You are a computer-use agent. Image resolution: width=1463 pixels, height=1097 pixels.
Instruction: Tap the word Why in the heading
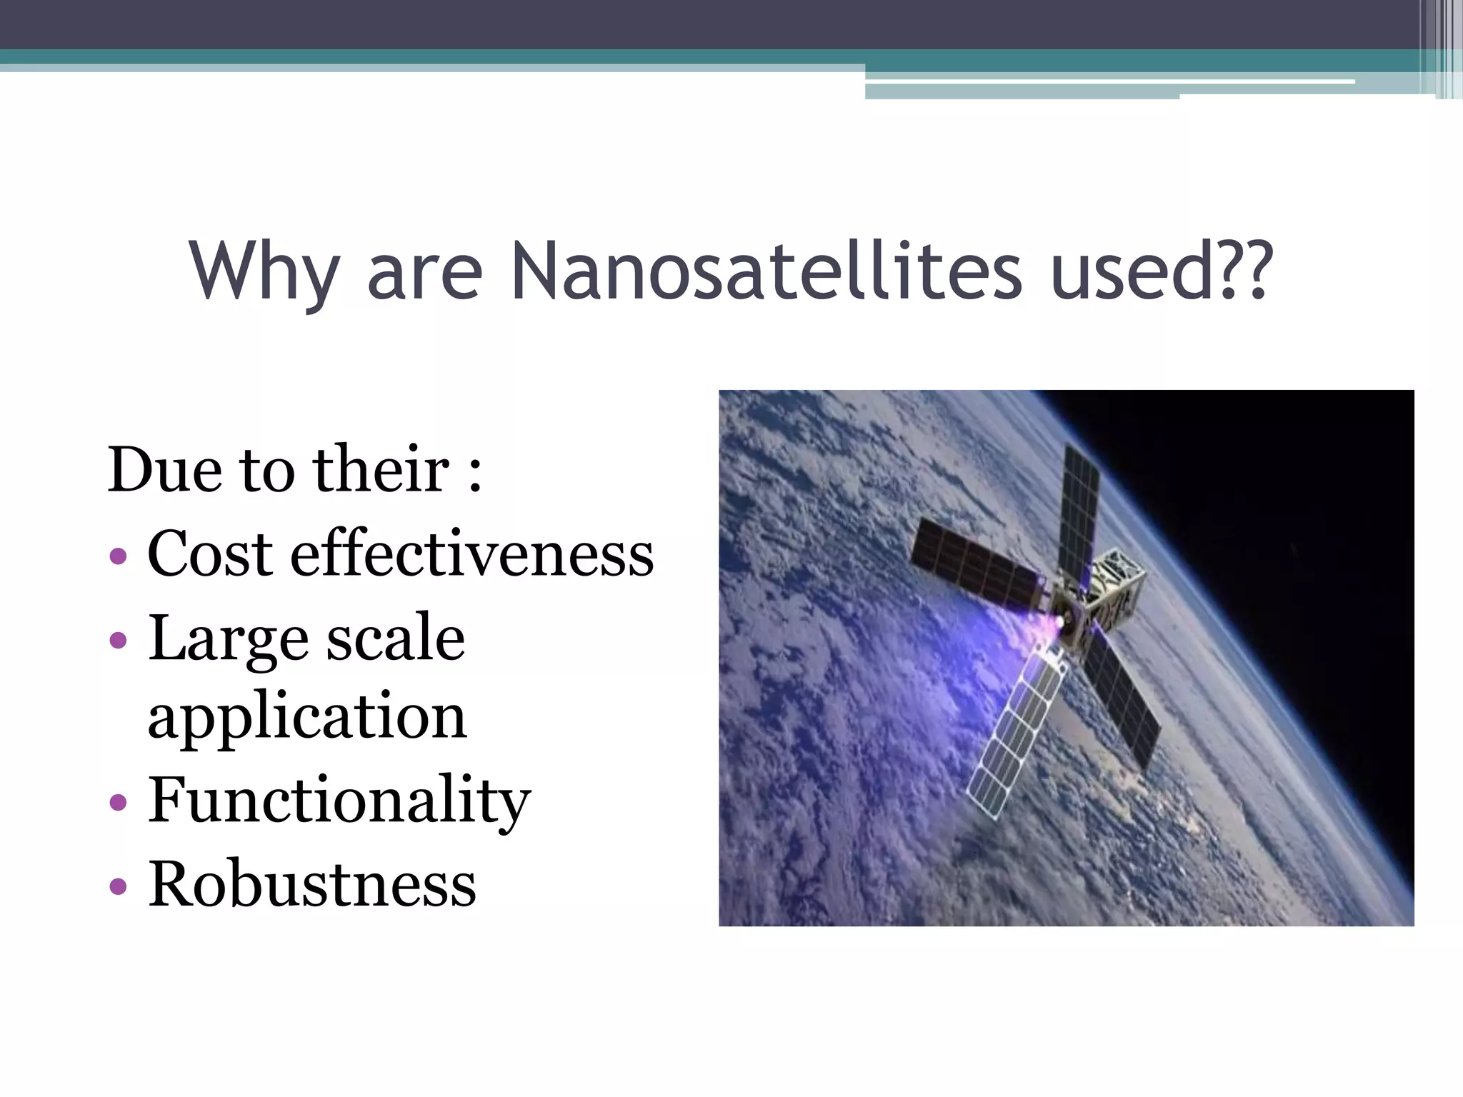click(264, 272)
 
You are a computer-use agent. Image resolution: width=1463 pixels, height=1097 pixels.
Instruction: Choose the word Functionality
click(339, 801)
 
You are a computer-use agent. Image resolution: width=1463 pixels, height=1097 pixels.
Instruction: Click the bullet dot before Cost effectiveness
click(119, 556)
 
